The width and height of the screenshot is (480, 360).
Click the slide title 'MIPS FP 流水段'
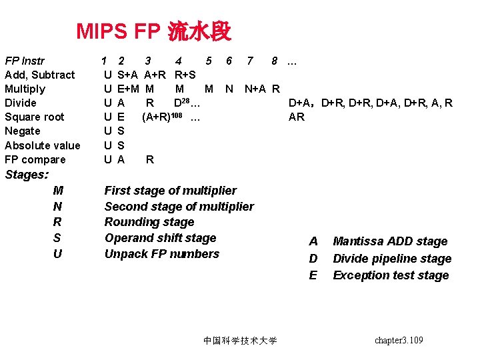[153, 31]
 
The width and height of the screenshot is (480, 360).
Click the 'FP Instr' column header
[25, 61]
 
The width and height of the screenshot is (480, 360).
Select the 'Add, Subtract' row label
[39, 75]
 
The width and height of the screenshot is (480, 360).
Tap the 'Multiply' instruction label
[25, 89]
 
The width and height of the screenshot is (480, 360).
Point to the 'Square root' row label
[34, 117]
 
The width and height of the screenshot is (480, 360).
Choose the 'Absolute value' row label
[42, 145]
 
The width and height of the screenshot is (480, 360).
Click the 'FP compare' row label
[35, 159]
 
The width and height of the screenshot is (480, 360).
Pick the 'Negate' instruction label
[22, 131]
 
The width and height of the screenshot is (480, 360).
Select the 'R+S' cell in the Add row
[185, 75]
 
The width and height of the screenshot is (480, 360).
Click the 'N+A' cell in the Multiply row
[255, 89]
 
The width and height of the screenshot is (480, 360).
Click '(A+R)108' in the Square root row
[163, 117]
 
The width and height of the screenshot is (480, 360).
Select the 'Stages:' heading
[27, 175]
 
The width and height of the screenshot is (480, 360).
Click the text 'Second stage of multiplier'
[179, 206]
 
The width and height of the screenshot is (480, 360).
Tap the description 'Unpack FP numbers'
[161, 254]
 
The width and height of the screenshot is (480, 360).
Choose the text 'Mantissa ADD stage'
[390, 241]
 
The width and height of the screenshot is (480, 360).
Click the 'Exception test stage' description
[391, 275]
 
